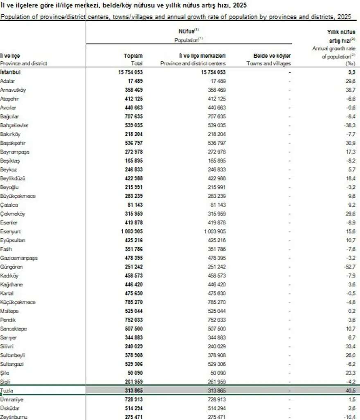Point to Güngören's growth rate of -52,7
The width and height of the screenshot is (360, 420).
tap(349, 267)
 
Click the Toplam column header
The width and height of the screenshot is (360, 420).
tap(133, 56)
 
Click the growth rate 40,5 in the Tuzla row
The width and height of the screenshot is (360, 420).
tap(351, 391)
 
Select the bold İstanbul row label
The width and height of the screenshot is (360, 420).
tap(11, 72)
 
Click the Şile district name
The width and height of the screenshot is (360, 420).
tap(5, 373)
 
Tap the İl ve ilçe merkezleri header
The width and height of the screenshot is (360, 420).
tap(202, 56)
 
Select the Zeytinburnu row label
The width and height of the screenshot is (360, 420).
tap(13, 417)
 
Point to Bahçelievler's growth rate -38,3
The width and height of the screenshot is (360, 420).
tap(349, 125)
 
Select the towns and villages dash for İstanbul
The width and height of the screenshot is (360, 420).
tap(289, 72)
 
